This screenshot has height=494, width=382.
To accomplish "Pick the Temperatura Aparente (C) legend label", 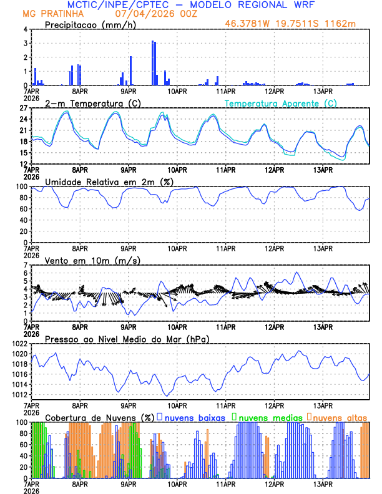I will (x=281, y=103).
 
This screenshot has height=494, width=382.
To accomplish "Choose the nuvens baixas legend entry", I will (x=193, y=417).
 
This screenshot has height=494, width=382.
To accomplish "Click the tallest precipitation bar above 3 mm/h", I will (x=152, y=62).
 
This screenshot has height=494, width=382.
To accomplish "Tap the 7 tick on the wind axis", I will (x=25, y=265).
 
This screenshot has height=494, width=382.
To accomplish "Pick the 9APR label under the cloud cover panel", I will (x=128, y=484).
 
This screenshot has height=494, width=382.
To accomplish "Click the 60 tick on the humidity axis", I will (x=21, y=209).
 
